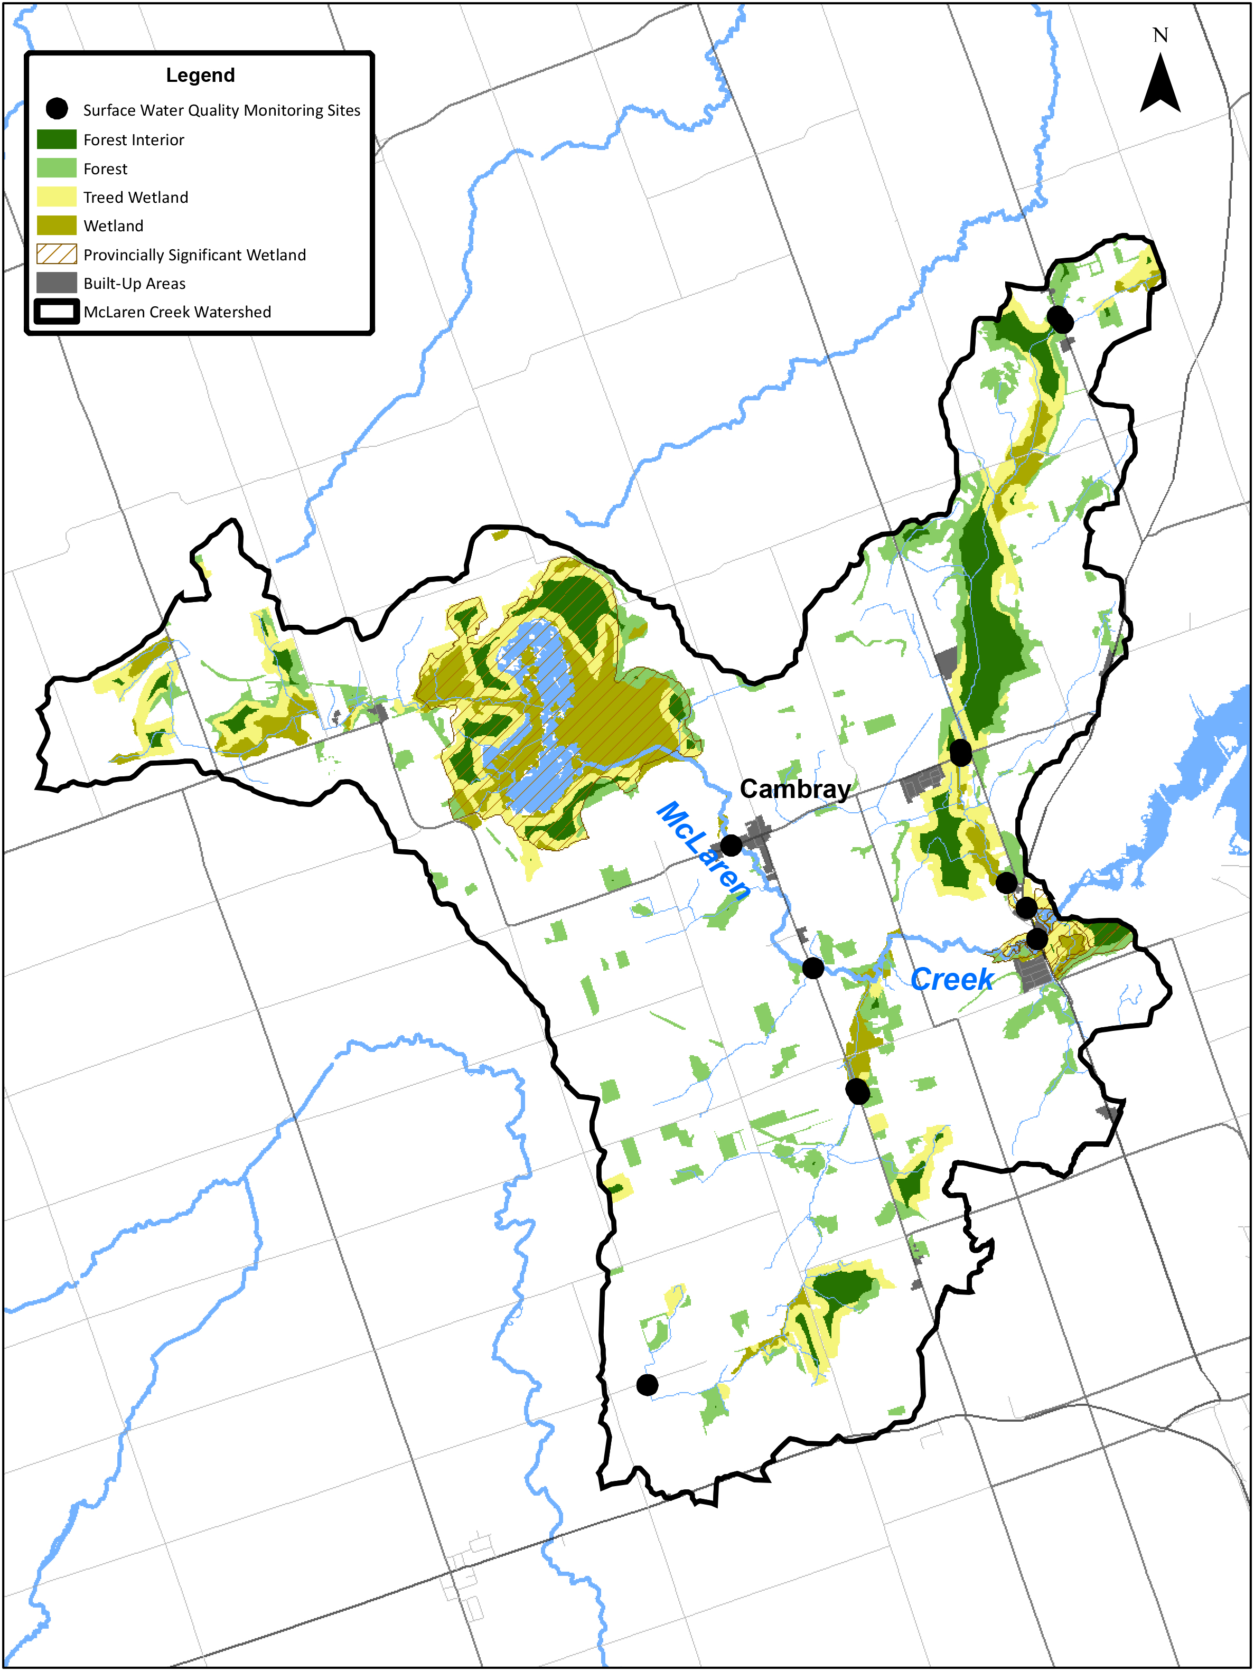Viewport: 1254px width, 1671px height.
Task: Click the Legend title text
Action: [200, 76]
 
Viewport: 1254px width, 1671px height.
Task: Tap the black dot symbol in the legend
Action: [57, 109]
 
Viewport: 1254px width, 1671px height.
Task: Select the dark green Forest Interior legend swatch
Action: [57, 139]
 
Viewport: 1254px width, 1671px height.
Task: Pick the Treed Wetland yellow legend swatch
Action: [57, 196]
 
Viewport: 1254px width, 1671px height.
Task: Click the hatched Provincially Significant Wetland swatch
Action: [57, 254]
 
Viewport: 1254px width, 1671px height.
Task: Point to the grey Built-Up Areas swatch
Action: [57, 283]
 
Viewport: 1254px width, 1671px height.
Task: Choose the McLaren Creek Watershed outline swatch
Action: [57, 311]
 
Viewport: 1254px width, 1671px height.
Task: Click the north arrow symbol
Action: [1161, 85]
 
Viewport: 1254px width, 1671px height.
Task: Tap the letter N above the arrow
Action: [1161, 35]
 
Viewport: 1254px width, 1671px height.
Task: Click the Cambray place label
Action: [794, 788]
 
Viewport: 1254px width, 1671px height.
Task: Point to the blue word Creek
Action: [952, 980]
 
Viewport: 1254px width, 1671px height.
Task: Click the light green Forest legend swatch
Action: [57, 168]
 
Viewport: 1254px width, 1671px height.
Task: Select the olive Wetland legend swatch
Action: [57, 225]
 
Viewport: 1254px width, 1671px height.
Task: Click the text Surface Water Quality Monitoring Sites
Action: [221, 110]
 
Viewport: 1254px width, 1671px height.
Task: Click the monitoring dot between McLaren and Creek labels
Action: [813, 968]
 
